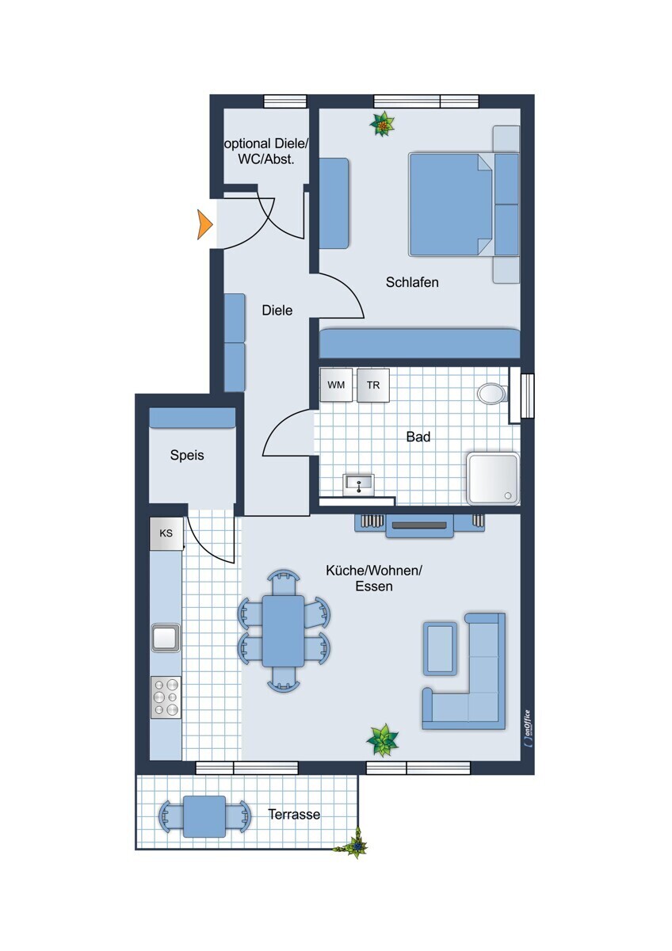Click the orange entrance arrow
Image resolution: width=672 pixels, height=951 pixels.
pyautogui.click(x=204, y=224)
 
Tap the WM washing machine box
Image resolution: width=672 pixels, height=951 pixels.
pyautogui.click(x=336, y=384)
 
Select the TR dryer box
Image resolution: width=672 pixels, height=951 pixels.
pyautogui.click(x=373, y=384)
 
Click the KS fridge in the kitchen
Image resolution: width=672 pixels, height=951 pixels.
pyautogui.click(x=166, y=533)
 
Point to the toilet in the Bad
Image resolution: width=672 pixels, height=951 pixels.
pyautogui.click(x=492, y=393)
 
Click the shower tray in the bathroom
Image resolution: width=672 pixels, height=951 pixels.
pyautogui.click(x=493, y=479)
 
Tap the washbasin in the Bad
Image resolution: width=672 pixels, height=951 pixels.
pyautogui.click(x=359, y=484)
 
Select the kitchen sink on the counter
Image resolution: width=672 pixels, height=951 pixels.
pyautogui.click(x=166, y=638)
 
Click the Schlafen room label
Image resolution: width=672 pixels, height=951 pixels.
pyautogui.click(x=412, y=282)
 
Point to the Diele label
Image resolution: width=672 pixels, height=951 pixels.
pyautogui.click(x=277, y=311)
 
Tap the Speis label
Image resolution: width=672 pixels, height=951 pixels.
pyautogui.click(x=187, y=456)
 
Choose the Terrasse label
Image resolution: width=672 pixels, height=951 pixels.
pyautogui.click(x=294, y=814)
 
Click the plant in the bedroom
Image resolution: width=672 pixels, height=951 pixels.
pyautogui.click(x=383, y=124)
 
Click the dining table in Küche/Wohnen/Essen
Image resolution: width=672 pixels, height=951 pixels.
pyautogui.click(x=283, y=631)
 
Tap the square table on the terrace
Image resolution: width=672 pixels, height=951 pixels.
pyautogui.click(x=204, y=816)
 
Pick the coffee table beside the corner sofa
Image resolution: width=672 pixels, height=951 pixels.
pyautogui.click(x=441, y=648)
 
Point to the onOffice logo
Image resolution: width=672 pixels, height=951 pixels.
pyautogui.click(x=527, y=728)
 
